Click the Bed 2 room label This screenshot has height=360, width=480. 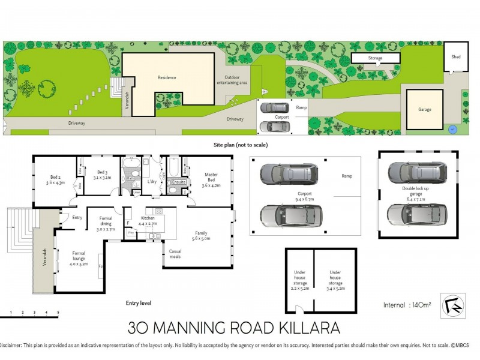click(x=55, y=179)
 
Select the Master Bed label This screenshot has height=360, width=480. click(x=211, y=178)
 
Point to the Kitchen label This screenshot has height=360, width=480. click(x=148, y=220)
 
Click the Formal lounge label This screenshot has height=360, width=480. click(x=79, y=259)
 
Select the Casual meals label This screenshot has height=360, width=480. click(x=175, y=254)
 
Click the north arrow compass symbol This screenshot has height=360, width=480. click(x=453, y=304)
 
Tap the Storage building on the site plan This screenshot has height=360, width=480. click(x=375, y=58)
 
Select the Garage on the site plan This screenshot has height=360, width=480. click(x=424, y=110)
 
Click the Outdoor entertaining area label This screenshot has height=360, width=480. click(x=236, y=80)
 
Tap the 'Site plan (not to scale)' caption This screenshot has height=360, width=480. click(x=240, y=145)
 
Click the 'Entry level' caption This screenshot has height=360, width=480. click(x=138, y=303)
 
